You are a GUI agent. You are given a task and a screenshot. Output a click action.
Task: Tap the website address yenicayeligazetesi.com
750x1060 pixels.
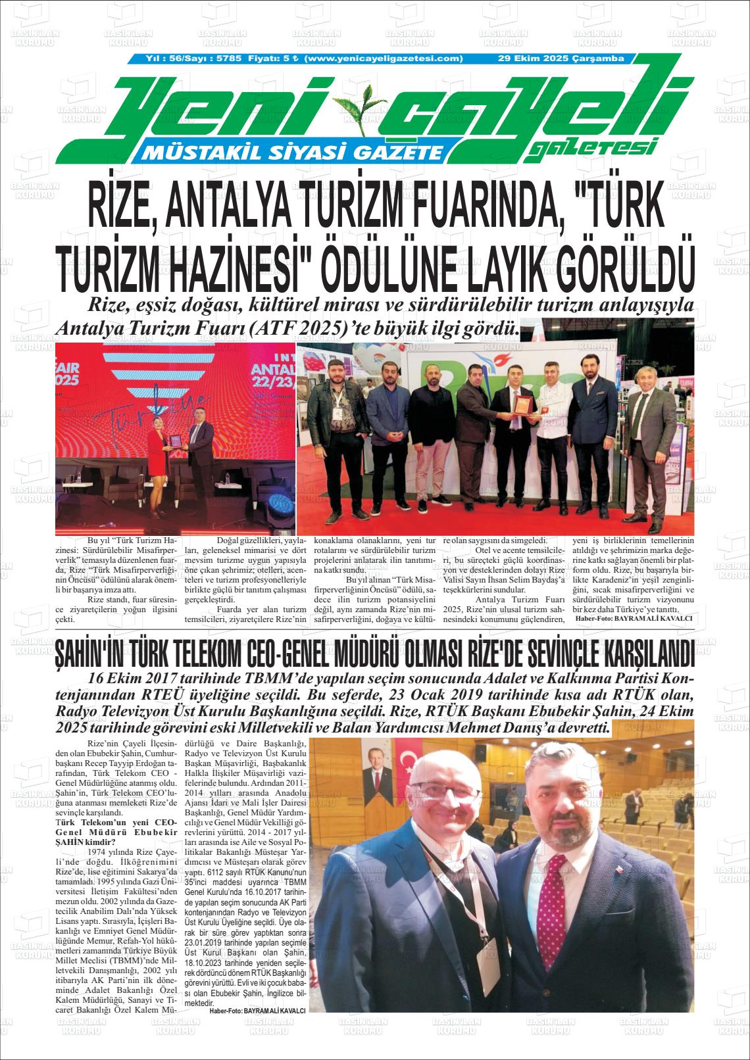(x=385, y=59)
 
